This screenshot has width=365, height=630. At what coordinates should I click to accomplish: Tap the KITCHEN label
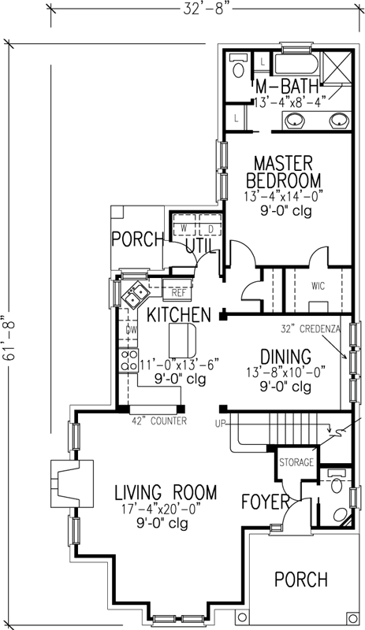(x=179, y=316)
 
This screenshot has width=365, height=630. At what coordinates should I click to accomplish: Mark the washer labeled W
(x=184, y=228)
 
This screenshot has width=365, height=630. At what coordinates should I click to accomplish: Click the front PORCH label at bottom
(x=300, y=580)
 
